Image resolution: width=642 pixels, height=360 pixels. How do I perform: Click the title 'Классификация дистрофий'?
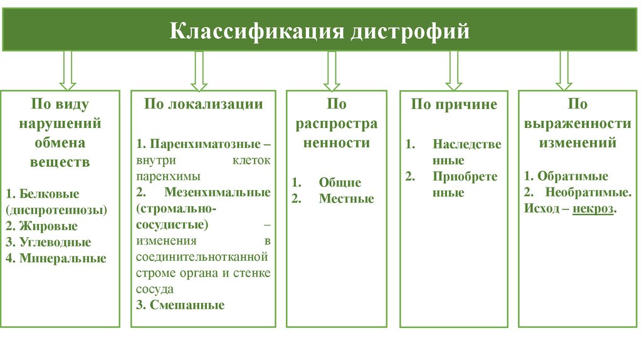pyautogui.click(x=320, y=30)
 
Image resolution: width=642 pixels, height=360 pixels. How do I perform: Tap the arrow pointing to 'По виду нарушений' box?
pyautogui.click(x=67, y=70)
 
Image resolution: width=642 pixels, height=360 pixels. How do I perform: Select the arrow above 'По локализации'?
pyautogui.click(x=199, y=70)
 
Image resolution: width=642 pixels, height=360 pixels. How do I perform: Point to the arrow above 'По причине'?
pyautogui.click(x=452, y=70)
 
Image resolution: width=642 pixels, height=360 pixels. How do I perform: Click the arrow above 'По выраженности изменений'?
pyautogui.click(x=563, y=70)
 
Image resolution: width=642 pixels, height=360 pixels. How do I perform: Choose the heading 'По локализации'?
pyautogui.click(x=203, y=104)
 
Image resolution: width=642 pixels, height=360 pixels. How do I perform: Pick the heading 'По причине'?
pyautogui.click(x=453, y=104)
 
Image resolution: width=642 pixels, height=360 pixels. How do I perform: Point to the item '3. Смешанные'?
pyautogui.click(x=180, y=305)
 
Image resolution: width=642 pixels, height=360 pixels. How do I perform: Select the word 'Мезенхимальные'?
pyautogui.click(x=218, y=193)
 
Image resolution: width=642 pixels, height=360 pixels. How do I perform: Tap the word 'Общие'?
pyautogui.click(x=340, y=183)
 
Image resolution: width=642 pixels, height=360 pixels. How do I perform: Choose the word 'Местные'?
pyautogui.click(x=346, y=199)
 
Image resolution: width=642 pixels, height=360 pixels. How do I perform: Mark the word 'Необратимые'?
pyautogui.click(x=587, y=192)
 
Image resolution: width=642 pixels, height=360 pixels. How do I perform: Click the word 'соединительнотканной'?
pyautogui.click(x=201, y=257)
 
